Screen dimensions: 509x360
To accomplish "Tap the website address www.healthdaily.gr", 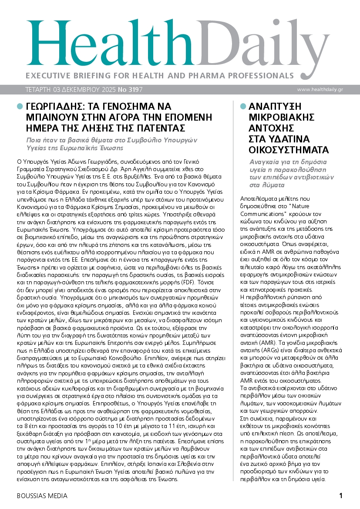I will [x=326, y=90].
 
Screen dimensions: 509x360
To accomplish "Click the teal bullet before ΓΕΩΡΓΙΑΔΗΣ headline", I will [x=20, y=106].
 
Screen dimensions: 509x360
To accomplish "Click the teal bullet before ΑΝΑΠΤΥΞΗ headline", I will [x=242, y=106].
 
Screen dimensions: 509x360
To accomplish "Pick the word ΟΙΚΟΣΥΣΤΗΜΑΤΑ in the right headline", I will [x=289, y=151].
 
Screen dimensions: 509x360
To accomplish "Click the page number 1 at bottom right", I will [x=341, y=496].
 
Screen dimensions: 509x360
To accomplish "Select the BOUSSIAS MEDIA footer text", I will [x=42, y=496].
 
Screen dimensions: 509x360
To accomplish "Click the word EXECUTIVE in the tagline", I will [x=47, y=75].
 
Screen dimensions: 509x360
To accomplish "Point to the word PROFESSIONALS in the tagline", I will [x=256, y=75].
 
